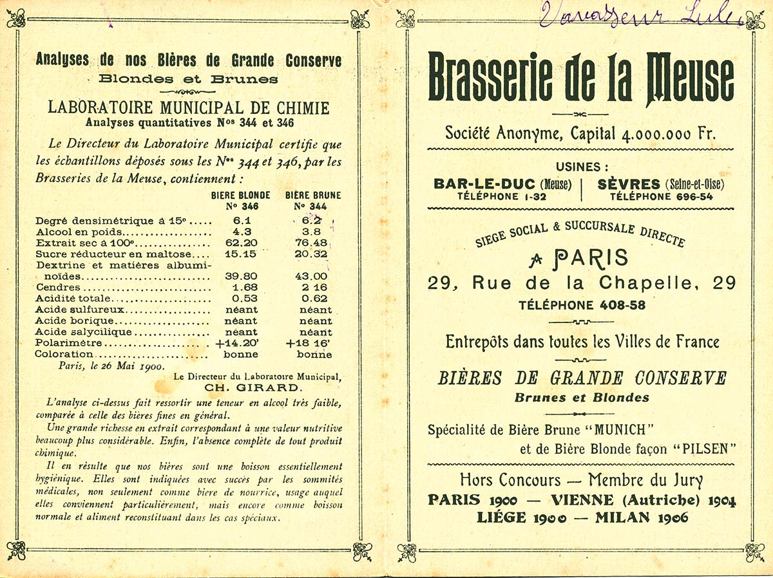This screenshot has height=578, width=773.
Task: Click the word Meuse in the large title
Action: pyautogui.click(x=690, y=78)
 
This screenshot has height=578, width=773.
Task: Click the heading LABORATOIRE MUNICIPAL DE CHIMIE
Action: pyautogui.click(x=188, y=107)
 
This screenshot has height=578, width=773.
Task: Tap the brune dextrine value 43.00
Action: pyautogui.click(x=310, y=276)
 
